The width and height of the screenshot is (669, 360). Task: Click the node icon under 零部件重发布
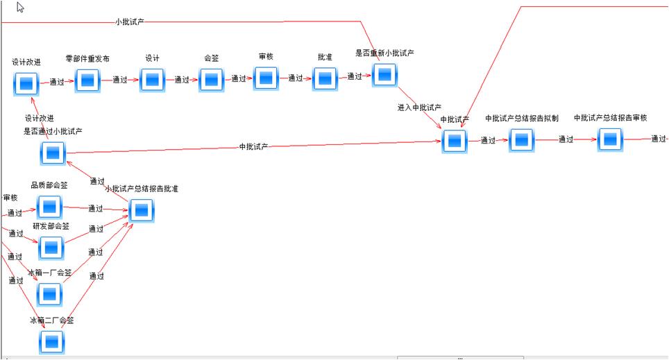click(88, 80)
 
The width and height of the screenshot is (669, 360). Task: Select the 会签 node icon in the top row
click(212, 80)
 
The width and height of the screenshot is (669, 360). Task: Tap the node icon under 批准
click(325, 79)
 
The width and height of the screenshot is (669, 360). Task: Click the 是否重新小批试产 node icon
click(384, 75)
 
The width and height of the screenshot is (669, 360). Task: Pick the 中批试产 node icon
click(454, 141)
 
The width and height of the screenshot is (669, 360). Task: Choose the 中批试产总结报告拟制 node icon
click(522, 140)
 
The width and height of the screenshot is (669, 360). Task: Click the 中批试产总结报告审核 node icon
click(609, 139)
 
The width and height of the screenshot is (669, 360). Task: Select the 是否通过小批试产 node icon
click(53, 152)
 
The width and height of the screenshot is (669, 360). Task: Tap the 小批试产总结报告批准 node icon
click(141, 210)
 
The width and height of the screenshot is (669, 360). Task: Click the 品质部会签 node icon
click(49, 207)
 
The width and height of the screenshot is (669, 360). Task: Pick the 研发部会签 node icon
click(51, 248)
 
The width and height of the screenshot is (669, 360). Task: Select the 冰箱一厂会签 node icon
click(49, 294)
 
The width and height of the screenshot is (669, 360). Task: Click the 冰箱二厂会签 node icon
click(51, 342)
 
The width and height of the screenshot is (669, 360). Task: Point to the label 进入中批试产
click(419, 108)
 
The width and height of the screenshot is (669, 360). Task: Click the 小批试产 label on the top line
click(130, 22)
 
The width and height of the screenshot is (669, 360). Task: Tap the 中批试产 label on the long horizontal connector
click(253, 146)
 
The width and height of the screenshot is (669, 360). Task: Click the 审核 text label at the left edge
click(10, 198)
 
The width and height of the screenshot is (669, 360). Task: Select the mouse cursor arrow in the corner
click(21, 8)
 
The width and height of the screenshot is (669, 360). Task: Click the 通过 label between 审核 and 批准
click(296, 78)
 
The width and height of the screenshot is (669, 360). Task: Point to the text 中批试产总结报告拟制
click(522, 118)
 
